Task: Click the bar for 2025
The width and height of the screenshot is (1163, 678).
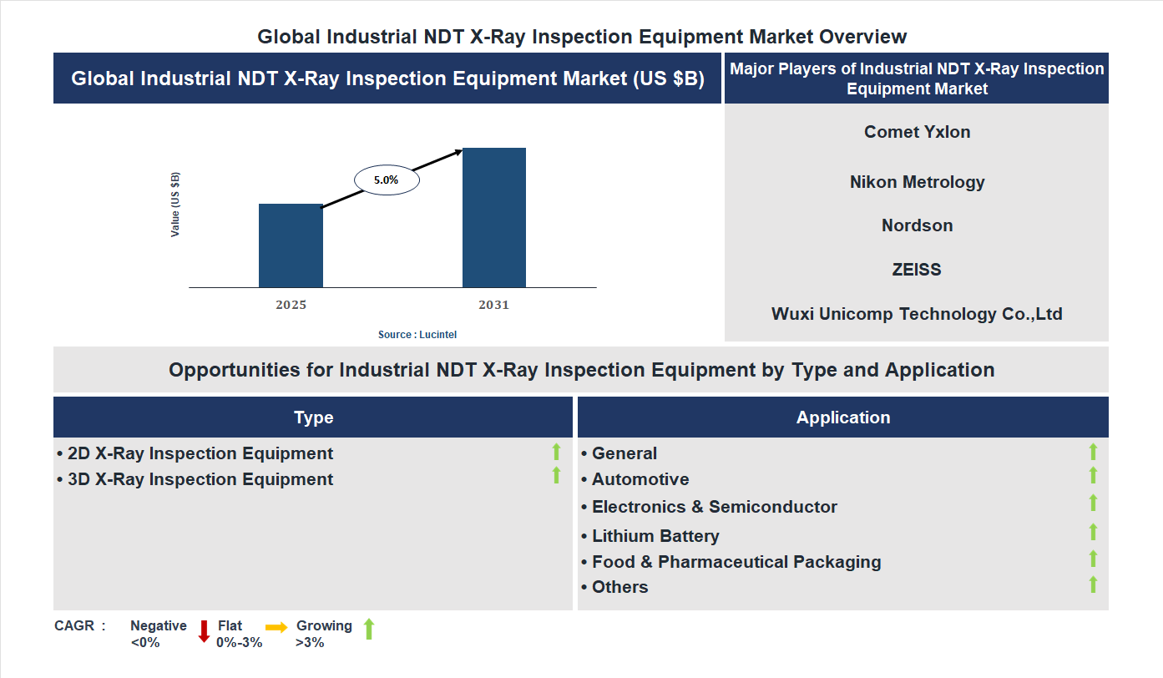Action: [291, 245]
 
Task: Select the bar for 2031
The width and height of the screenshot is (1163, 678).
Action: [494, 218]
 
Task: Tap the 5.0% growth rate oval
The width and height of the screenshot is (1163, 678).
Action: [387, 180]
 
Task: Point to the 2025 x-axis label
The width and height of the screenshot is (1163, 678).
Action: [291, 305]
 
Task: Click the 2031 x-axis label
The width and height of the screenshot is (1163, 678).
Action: [493, 305]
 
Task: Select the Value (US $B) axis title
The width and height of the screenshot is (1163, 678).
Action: [175, 205]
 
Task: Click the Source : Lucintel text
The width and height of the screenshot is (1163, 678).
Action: [417, 334]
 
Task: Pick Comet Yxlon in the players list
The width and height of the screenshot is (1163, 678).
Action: [917, 132]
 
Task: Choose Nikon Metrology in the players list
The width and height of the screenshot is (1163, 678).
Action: [917, 182]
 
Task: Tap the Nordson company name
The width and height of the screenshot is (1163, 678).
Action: [917, 225]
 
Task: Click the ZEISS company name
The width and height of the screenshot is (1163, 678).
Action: [917, 270]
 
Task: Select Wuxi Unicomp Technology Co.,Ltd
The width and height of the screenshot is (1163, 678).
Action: [917, 314]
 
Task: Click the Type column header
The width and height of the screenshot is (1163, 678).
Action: [313, 417]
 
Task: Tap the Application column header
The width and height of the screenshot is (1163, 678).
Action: [842, 417]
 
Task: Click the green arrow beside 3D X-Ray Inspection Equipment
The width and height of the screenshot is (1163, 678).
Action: [556, 476]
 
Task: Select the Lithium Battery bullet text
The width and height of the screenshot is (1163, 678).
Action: [655, 536]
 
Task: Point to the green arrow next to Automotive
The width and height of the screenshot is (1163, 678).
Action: [1093, 476]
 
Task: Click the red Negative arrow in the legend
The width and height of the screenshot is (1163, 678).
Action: [204, 631]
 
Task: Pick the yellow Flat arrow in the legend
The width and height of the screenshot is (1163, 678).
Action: [276, 627]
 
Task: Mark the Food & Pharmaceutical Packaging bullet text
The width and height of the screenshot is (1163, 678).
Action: [736, 562]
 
